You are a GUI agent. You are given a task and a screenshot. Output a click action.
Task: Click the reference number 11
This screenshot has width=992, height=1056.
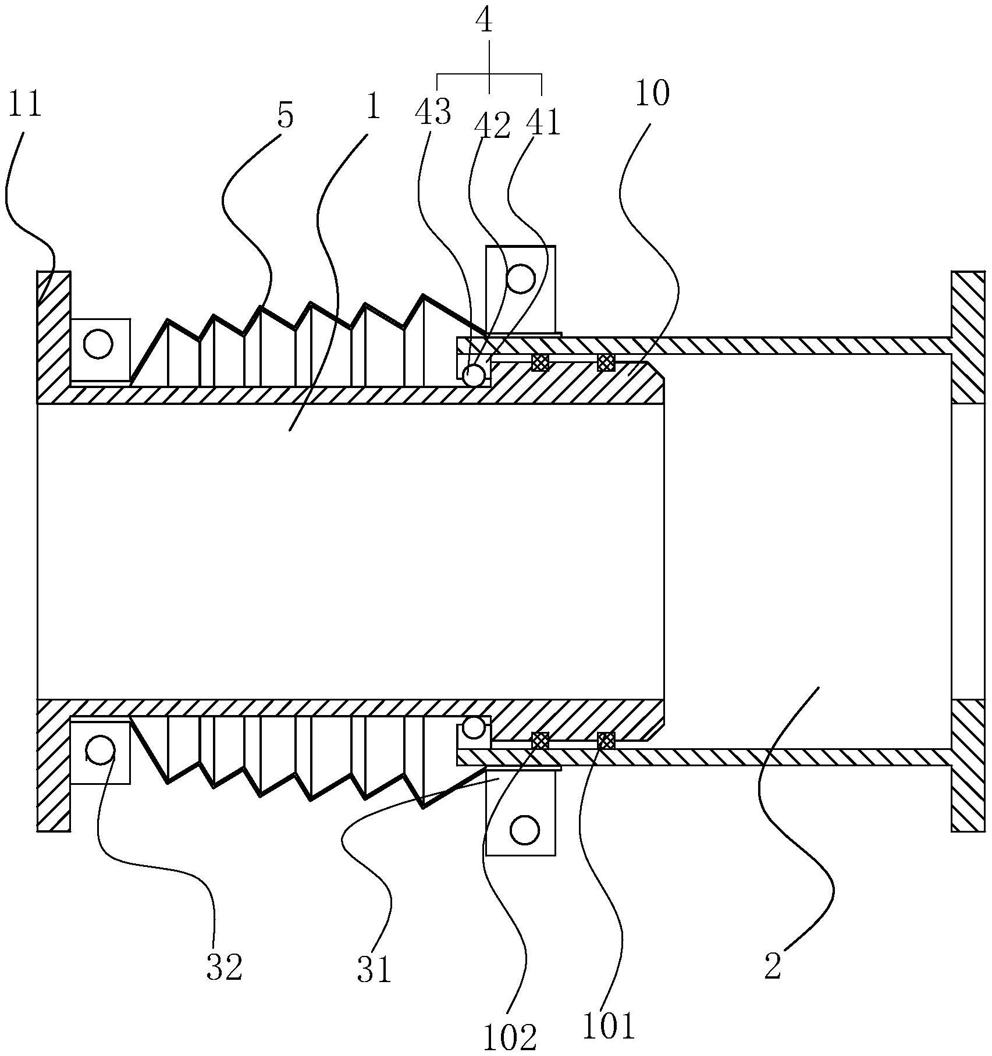[26, 105]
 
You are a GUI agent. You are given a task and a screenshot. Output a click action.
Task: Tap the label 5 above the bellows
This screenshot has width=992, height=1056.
[285, 116]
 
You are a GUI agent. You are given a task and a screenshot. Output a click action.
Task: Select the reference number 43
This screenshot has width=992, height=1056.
[433, 112]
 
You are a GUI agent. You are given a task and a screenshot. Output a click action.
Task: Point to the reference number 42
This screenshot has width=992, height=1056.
[492, 125]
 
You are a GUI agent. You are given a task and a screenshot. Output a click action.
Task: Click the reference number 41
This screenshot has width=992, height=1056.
[543, 123]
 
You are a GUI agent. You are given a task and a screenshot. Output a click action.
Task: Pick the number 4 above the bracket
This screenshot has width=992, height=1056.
[483, 22]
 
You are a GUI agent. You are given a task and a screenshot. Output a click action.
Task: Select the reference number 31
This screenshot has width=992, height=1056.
[375, 969]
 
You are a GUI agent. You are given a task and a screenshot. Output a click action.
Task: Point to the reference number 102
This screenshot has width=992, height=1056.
[510, 1036]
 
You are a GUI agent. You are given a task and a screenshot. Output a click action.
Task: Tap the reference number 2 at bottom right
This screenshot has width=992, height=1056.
[772, 966]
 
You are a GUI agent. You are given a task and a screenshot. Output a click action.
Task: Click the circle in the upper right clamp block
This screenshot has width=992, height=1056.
[520, 279]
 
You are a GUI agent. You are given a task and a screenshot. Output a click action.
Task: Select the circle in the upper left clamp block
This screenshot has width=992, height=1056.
[98, 344]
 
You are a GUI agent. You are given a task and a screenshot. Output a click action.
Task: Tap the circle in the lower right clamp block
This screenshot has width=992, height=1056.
[524, 829]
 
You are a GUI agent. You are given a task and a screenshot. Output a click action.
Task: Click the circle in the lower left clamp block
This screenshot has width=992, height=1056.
[101, 750]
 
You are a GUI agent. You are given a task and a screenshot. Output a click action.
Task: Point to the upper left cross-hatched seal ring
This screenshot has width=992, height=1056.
[541, 362]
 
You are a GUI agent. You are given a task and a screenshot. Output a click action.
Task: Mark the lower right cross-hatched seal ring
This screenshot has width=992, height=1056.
[606, 741]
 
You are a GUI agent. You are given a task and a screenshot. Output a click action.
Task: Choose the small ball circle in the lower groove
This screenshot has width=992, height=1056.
[474, 727]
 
